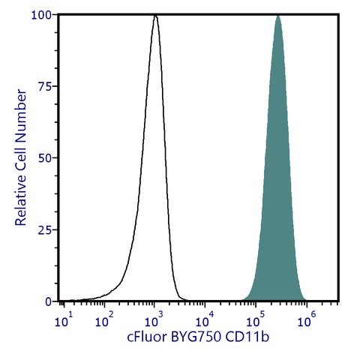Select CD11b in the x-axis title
250,339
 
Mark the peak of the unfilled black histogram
155,16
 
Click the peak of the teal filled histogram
277,16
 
